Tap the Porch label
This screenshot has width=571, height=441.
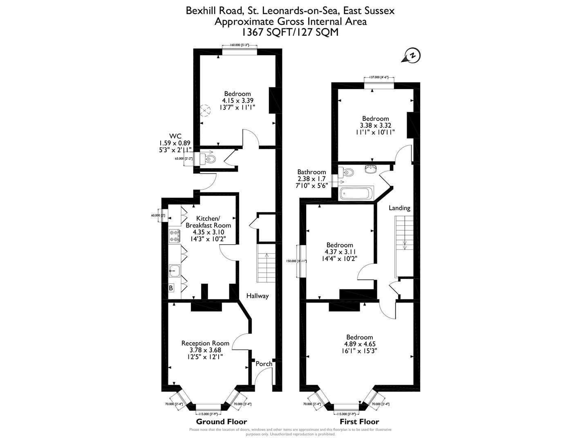coord(264,364)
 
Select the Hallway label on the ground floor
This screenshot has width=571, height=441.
coord(257,296)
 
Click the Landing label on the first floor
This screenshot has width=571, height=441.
coord(399,208)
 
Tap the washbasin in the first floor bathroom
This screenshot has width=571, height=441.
coord(371,169)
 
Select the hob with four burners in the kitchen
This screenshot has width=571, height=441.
coord(175,236)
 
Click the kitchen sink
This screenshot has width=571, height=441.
coord(175,269)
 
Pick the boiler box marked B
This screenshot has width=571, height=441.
coord(171,288)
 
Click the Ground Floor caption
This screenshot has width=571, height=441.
coord(222,421)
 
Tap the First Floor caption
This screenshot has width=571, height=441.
coord(359,421)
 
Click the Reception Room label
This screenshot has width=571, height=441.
coord(205,343)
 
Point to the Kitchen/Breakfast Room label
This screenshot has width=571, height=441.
coord(208,222)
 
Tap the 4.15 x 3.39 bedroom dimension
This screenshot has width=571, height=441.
coord(237,100)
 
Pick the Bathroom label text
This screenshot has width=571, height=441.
coord(311,172)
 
